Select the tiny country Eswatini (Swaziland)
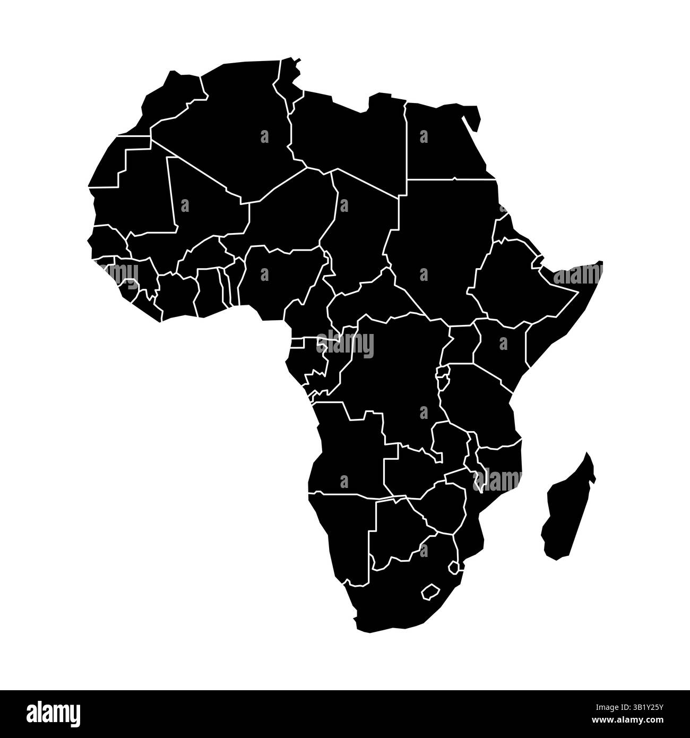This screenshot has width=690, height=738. click(453, 568)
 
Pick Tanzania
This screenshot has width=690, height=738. click(478, 404)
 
